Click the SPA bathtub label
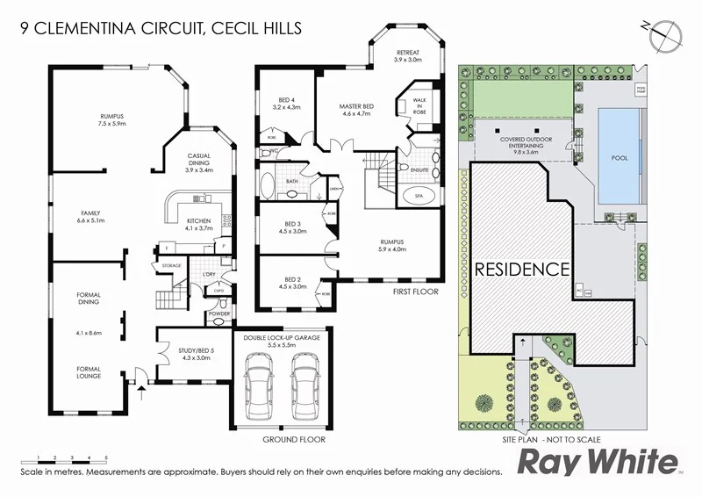click(419, 198)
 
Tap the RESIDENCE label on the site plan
click(523, 269)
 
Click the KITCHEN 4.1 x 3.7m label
click(200, 224)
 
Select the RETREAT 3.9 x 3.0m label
click(408, 56)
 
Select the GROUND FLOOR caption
click(294, 439)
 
